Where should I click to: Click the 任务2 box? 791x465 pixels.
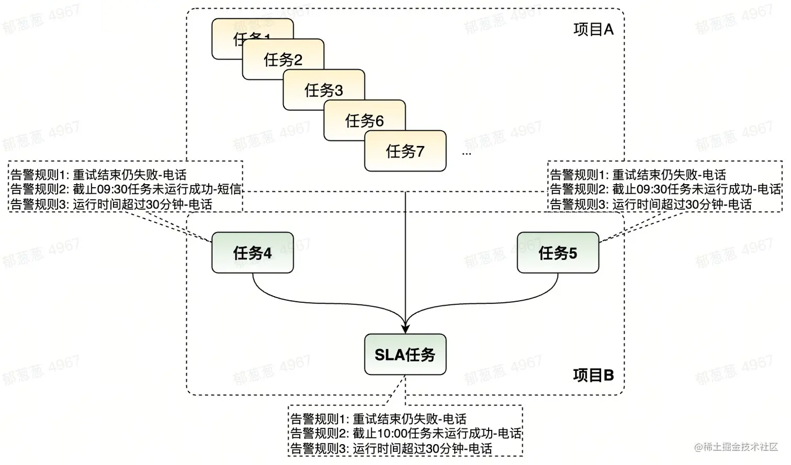[282, 59]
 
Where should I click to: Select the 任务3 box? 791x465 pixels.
[324, 89]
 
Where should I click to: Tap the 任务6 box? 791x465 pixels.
[365, 120]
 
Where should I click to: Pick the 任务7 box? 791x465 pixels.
[405, 151]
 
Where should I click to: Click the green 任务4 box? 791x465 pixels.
[252, 253]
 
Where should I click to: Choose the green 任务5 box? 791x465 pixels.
[558, 253]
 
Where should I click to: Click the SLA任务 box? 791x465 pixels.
[405, 355]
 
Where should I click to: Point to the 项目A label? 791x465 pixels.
[593, 29]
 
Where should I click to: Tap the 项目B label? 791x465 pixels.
[593, 375]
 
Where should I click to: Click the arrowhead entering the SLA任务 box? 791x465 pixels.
[405, 328]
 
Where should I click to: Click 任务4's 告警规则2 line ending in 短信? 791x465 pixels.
[126, 189]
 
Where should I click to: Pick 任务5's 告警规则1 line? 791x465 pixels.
[638, 174]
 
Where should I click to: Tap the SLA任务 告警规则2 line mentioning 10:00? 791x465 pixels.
[405, 433]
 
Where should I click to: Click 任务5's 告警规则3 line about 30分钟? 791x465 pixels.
[650, 204]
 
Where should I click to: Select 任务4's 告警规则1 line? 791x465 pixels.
[98, 174]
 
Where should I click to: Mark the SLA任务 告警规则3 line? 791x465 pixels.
[391, 448]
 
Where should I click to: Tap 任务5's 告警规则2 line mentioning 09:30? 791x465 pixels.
[665, 189]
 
